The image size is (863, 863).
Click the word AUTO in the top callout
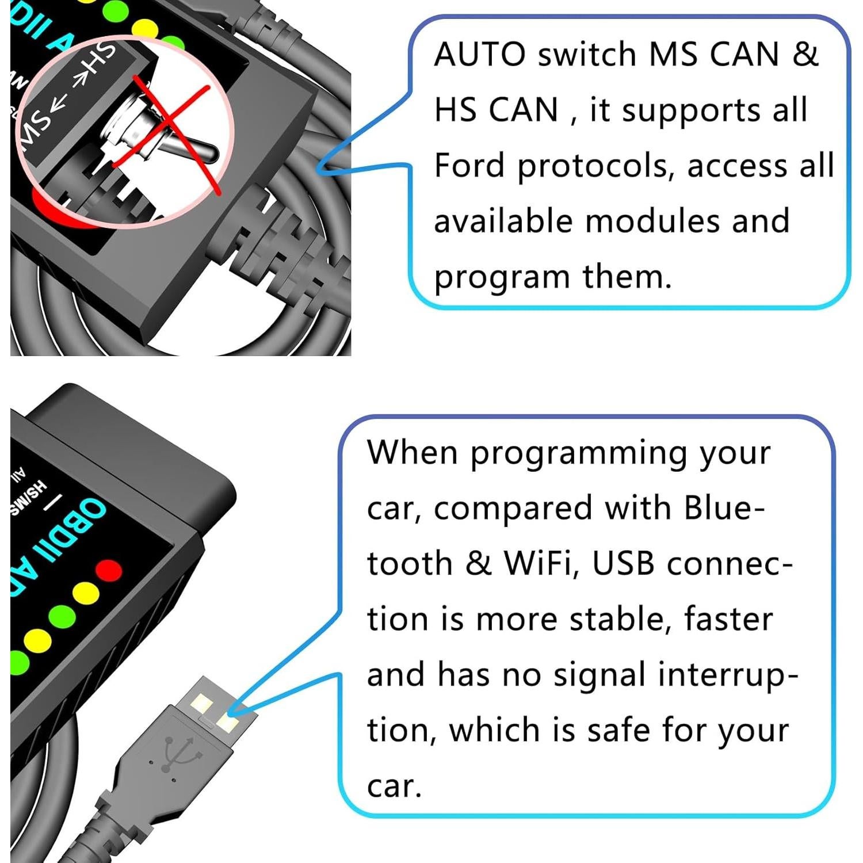tap(479, 55)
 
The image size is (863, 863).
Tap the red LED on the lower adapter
tap(109, 570)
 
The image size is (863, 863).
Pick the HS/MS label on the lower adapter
tap(29, 498)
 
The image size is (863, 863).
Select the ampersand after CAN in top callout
tap(805, 55)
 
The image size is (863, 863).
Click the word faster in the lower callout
tap(728, 619)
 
